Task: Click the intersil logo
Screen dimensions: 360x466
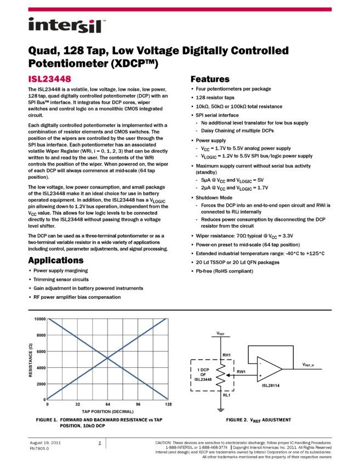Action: click(x=65, y=26)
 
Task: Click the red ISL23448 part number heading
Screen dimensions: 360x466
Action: click(x=49, y=79)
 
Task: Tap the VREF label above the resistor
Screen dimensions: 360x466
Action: click(x=220, y=333)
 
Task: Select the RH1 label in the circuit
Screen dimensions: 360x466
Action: click(x=227, y=355)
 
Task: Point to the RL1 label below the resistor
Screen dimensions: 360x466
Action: click(x=227, y=394)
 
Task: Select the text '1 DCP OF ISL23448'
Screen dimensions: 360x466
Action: click(x=203, y=374)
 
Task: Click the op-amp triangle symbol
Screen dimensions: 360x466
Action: click(x=269, y=370)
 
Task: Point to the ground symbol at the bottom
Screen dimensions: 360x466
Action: click(x=220, y=410)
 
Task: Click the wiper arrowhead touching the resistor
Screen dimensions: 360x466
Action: click(x=226, y=376)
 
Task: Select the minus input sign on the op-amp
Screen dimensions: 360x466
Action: click(x=260, y=363)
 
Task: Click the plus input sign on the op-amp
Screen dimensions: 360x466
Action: click(x=260, y=376)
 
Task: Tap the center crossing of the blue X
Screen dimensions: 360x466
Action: click(x=107, y=358)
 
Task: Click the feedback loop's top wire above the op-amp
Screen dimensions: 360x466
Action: click(x=271, y=346)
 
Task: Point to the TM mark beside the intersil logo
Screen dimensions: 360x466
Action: click(x=104, y=18)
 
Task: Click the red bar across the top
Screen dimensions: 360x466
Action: click(x=180, y=9)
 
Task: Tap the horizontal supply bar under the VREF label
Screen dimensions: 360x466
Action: click(x=220, y=337)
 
